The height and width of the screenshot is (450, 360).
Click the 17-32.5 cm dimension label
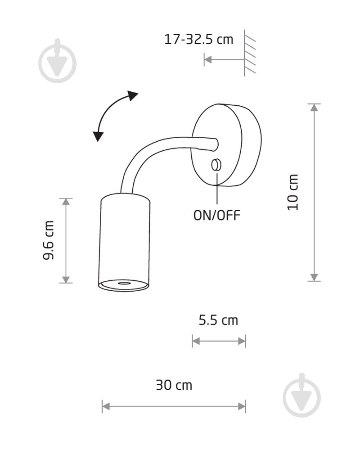click(198, 39)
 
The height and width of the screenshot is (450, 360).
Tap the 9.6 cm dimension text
click(48, 240)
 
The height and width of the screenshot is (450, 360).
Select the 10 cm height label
click(293, 192)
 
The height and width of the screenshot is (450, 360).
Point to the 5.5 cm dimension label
click(218, 320)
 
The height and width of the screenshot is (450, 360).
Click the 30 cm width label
click(174, 385)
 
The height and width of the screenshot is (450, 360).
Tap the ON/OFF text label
click(217, 215)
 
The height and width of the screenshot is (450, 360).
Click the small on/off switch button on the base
click(216, 165)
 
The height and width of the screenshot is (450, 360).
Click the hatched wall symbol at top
click(249, 53)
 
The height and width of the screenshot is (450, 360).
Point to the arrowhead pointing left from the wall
click(208, 60)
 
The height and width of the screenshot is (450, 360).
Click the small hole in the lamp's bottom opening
click(124, 283)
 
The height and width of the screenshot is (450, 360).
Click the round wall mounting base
click(226, 145)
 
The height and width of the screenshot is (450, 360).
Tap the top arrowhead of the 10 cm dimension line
click(315, 108)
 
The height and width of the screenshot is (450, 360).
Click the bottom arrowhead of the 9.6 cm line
click(66, 279)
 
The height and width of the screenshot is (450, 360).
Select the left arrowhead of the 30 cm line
click(106, 406)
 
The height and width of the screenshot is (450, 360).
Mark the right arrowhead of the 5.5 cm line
click(242, 341)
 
